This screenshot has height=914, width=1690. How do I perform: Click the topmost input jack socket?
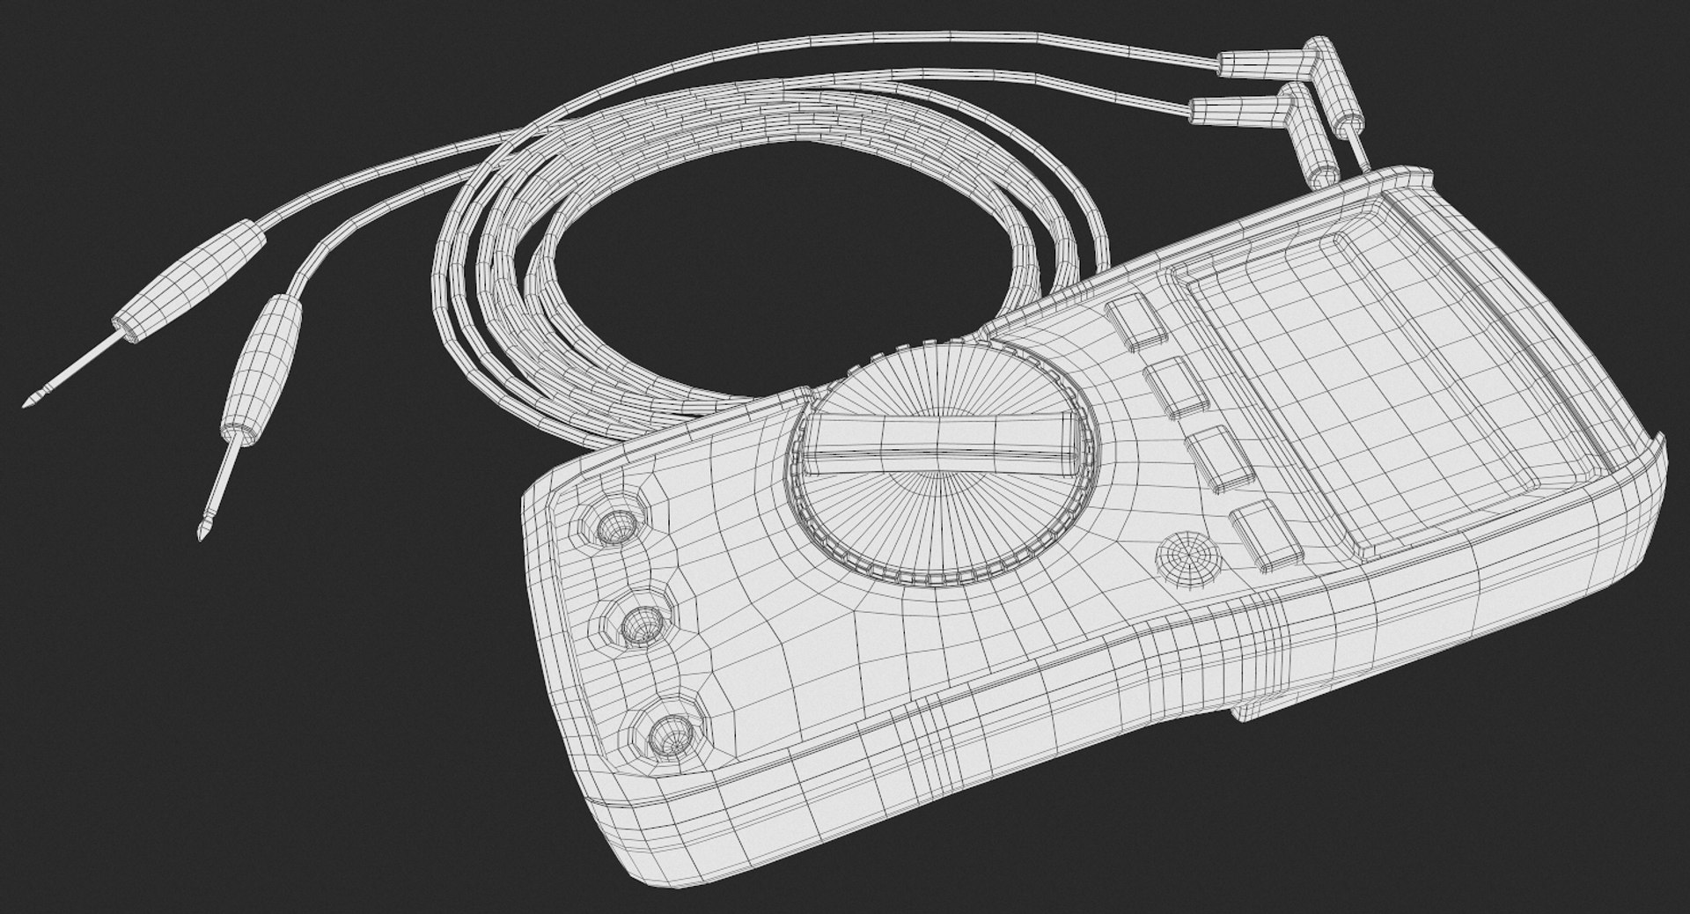tap(615, 527)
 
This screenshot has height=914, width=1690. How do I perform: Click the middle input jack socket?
tap(637, 624)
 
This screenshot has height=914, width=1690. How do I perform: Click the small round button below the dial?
tap(1187, 557)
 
